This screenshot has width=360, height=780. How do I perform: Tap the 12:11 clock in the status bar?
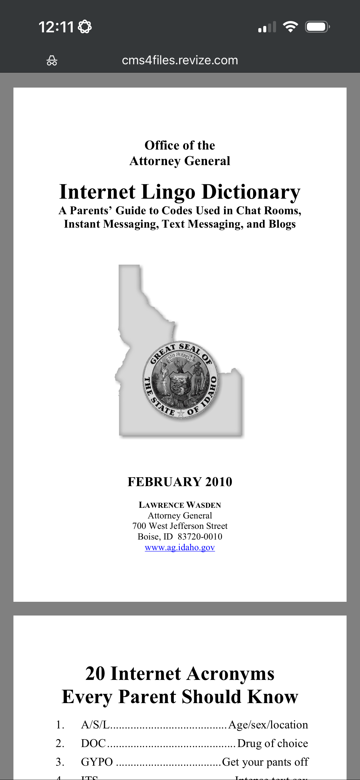56,27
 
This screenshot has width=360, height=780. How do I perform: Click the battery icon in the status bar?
317,27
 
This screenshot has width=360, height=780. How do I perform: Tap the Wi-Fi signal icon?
290,27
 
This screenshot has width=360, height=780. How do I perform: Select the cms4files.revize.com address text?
180,60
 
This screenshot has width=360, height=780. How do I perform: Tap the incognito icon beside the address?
52,60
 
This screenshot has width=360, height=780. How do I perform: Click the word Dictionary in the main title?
251,192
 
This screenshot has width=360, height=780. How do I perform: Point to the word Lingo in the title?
168,192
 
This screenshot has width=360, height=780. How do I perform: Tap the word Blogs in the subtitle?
282,224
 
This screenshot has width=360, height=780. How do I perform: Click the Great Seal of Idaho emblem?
181,380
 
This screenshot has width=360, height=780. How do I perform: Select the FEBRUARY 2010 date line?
180,482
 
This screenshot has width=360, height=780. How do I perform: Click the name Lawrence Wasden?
180,505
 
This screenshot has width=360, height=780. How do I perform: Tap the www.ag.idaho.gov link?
180,547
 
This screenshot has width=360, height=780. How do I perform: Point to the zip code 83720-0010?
200,537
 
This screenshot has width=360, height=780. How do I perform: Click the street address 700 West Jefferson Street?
180,526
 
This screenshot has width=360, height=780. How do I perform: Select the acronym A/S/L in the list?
95,725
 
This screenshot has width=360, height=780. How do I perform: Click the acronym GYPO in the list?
97,762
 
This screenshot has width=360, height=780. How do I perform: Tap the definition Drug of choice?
272,743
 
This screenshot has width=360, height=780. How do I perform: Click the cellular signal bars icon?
267,27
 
